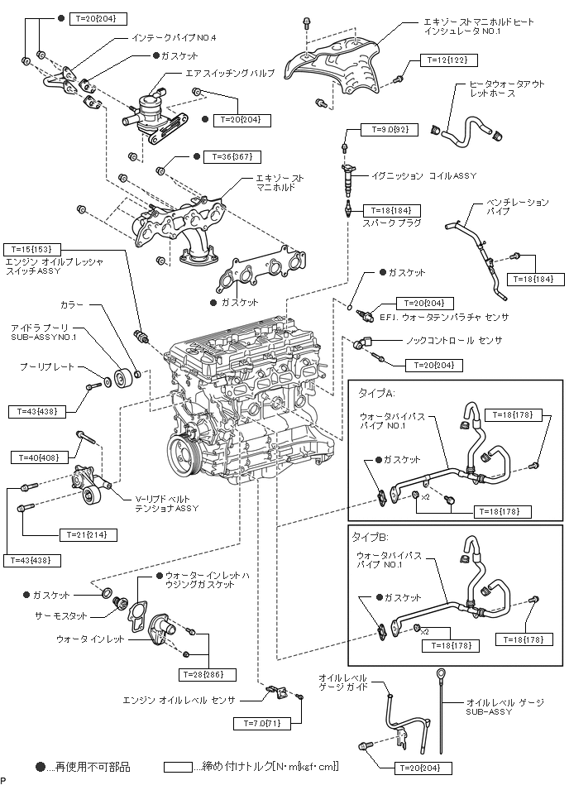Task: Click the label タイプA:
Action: [373, 391]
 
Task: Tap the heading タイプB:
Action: [373, 536]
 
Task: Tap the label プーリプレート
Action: [46, 366]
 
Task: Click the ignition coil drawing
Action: [350, 176]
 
